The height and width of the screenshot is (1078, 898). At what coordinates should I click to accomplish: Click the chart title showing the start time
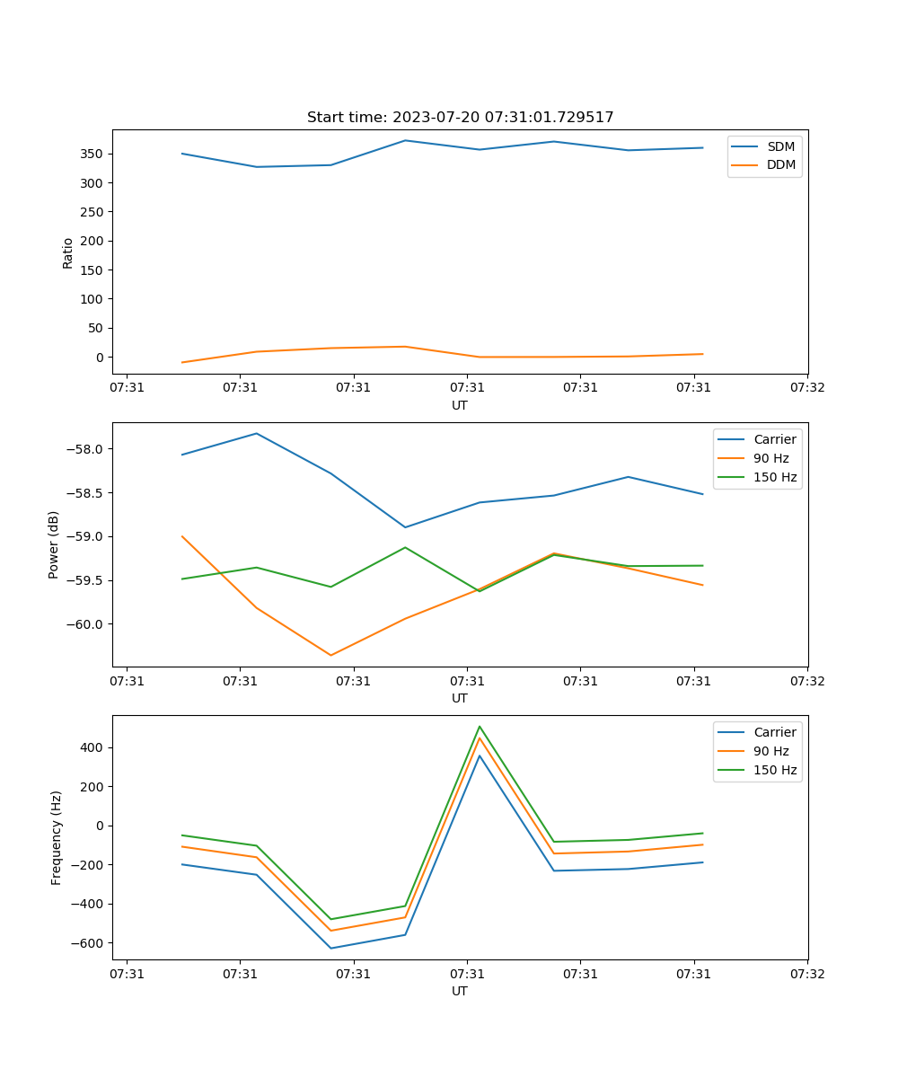460,118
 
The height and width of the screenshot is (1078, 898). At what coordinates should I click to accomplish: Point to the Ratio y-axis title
68,252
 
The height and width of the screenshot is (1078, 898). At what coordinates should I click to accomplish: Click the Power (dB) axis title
54,544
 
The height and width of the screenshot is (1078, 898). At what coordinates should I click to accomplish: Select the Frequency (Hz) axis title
57,837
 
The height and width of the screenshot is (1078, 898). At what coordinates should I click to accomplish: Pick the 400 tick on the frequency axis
94,747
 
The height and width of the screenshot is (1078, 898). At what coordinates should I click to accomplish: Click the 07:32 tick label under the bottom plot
806,973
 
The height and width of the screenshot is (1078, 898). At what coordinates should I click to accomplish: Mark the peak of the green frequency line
480,726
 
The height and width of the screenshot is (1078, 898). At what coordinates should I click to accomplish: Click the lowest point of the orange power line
330,655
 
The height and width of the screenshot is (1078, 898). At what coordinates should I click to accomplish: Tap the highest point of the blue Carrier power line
257,433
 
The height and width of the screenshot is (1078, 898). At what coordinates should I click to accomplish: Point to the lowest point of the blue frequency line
330,948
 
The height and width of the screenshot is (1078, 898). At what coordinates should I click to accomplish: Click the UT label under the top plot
460,405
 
